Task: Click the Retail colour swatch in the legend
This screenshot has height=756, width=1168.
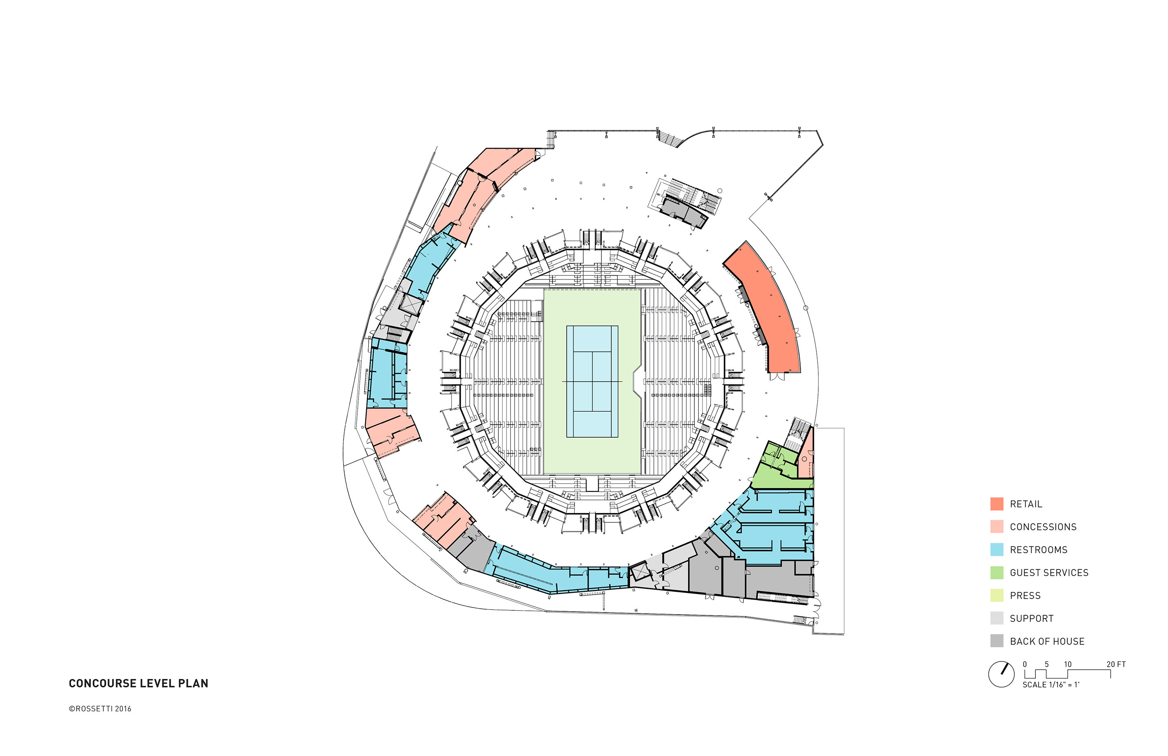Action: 997,504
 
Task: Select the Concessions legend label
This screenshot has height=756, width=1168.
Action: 1043,527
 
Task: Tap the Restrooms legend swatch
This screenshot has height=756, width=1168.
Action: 997,549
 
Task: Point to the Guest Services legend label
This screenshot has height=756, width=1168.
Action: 1049,572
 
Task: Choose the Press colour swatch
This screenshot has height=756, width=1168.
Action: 997,595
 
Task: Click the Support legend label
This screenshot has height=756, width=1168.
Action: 1032,619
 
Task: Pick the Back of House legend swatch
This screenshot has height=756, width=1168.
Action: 997,641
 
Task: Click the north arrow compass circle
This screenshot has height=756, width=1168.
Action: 1001,674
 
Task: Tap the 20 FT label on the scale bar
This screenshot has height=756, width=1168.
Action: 1116,664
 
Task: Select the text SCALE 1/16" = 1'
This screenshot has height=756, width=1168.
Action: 1051,685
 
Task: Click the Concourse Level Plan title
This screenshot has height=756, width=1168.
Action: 138,683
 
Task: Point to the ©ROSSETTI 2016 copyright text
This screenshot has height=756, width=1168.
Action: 100,709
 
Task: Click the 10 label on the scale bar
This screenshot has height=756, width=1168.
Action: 1068,664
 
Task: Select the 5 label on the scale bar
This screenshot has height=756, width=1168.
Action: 1047,664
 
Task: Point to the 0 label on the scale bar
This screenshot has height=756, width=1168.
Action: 1025,664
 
